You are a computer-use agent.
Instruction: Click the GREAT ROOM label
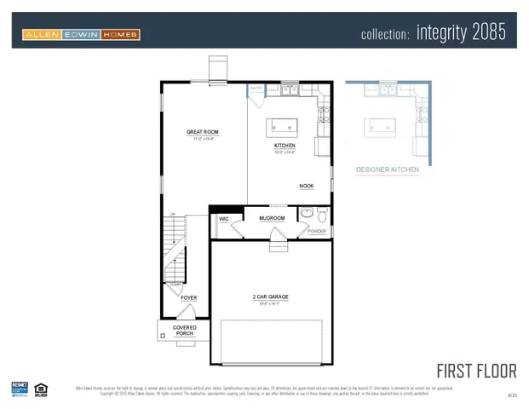pyautogui.click(x=203, y=132)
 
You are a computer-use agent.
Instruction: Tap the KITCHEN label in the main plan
pyautogui.click(x=285, y=146)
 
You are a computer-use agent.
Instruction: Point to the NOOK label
pyautogui.click(x=306, y=186)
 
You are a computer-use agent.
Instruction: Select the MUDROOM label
pyautogui.click(x=272, y=218)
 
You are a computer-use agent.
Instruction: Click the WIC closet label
pyautogui.click(x=224, y=219)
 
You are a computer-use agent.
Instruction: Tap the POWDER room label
pyautogui.click(x=317, y=231)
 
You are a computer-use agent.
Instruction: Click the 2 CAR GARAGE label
pyautogui.click(x=270, y=297)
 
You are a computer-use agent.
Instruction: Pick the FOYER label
pyautogui.click(x=188, y=297)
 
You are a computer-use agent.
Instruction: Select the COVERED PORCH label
pyautogui.click(x=184, y=330)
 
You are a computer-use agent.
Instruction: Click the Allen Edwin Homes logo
pyautogui.click(x=82, y=34)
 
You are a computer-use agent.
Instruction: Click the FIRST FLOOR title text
pyautogui.click(x=476, y=371)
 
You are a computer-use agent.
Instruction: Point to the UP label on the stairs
pyautogui.click(x=173, y=214)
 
